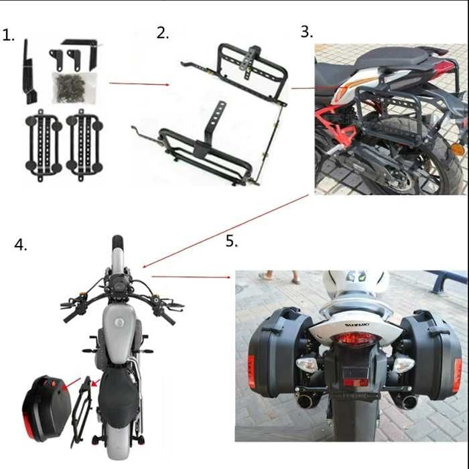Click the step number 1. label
pos(9,36)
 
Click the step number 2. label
pos(163,33)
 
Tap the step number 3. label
pos(306,31)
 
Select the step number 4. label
pos(21,245)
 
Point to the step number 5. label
pos(231,241)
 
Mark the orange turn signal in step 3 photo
pos(457,149)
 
